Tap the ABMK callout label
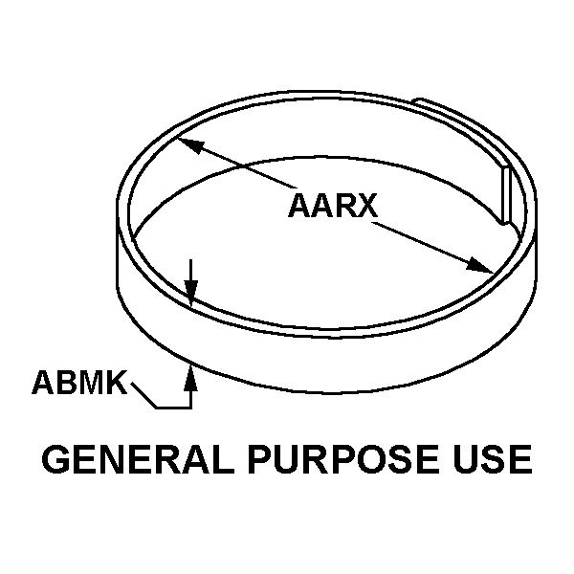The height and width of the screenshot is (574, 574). point(79,384)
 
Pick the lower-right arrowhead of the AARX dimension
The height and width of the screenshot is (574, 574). point(482,268)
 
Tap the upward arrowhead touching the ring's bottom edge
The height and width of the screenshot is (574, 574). point(191,375)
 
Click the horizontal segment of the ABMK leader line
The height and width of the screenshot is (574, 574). point(174,408)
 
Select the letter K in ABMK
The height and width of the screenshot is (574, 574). point(115,384)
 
